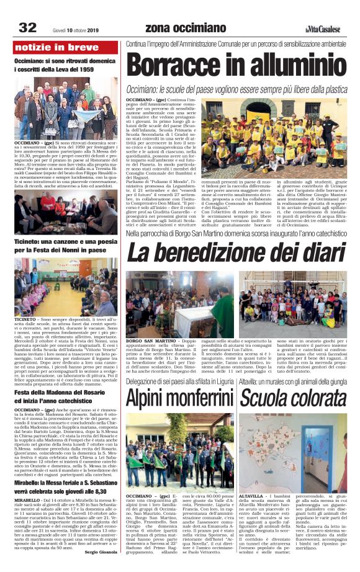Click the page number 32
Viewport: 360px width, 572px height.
pyautogui.click(x=28, y=27)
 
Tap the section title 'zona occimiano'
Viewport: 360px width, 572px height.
pyautogui.click(x=186, y=28)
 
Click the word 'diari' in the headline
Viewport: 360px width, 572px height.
pyautogui.click(x=310, y=252)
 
